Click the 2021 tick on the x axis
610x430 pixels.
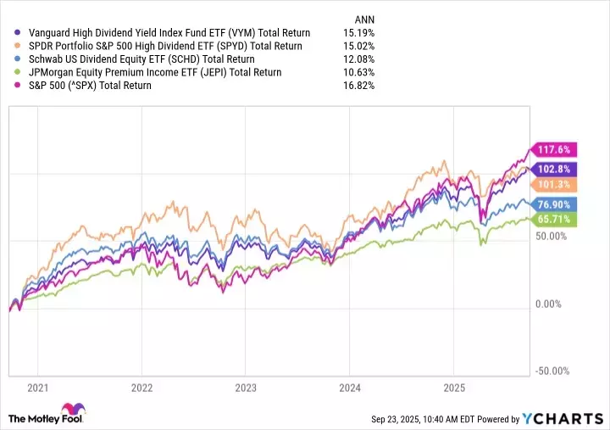pos(37,388)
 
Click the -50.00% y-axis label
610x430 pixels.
pos(553,371)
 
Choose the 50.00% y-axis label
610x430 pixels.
pos(552,236)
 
